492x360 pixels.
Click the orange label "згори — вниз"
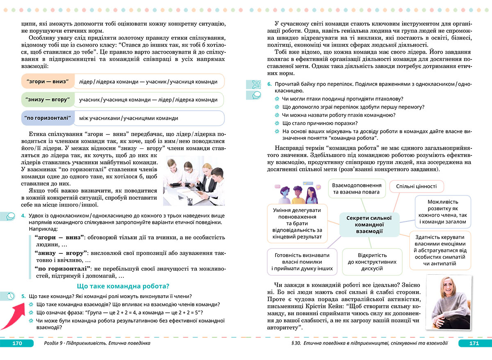point(47,82)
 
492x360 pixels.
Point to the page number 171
point(474,343)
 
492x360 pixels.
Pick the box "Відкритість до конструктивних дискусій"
point(373,261)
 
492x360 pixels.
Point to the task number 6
point(269,84)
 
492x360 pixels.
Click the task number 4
point(24,216)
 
